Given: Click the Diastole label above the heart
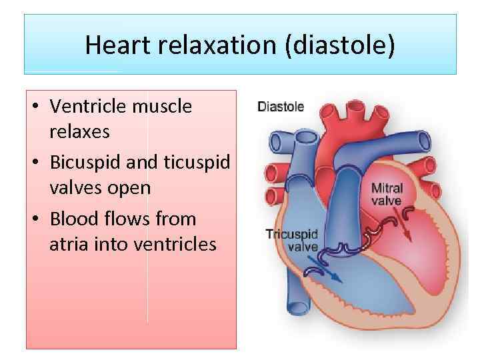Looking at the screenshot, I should coord(281,106).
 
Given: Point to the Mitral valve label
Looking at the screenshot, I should coord(387,194).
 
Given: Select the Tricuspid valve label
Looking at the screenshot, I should coord(292,240).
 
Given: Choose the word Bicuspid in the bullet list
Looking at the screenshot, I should coord(84,163).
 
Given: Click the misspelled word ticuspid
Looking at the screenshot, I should coord(196,163).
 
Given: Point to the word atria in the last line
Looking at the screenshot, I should coord(69,245).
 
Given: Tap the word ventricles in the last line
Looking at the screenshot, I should coord(176,245).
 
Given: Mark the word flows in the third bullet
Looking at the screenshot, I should coord(123,219).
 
